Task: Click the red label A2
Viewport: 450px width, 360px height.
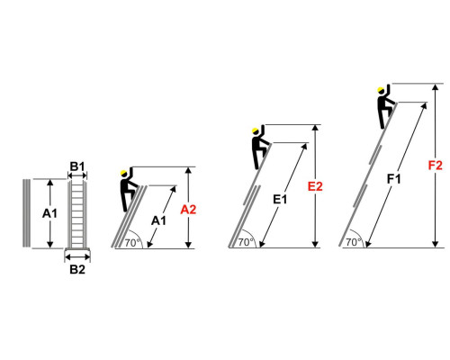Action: click(x=188, y=210)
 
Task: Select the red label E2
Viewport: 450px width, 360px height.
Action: click(x=315, y=186)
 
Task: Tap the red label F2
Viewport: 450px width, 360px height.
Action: click(x=435, y=166)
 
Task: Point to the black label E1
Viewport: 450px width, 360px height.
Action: click(x=280, y=199)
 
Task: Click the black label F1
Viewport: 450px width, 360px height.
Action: click(x=393, y=179)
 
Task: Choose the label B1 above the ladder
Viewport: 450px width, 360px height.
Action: click(x=77, y=166)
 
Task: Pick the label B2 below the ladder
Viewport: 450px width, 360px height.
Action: click(x=77, y=269)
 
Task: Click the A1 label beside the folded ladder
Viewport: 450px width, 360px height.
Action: click(x=49, y=213)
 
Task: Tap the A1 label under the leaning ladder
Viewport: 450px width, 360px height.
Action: click(x=158, y=220)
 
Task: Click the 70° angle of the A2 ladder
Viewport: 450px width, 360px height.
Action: click(x=132, y=242)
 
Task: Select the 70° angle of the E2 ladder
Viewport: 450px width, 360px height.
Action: click(x=246, y=242)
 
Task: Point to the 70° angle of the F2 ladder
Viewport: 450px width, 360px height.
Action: click(x=354, y=242)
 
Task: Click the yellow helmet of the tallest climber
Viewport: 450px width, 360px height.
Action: click(x=381, y=90)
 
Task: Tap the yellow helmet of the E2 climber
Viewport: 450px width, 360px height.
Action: click(x=256, y=130)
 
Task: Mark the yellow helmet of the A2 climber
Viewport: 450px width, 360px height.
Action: click(x=123, y=173)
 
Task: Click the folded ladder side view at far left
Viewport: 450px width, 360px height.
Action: click(x=26, y=213)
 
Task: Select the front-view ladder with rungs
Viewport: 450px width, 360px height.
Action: click(x=77, y=215)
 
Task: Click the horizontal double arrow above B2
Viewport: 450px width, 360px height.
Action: click(x=77, y=257)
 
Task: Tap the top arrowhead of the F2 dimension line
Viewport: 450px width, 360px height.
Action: click(x=436, y=87)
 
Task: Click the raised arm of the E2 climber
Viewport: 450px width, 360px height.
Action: click(x=263, y=130)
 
